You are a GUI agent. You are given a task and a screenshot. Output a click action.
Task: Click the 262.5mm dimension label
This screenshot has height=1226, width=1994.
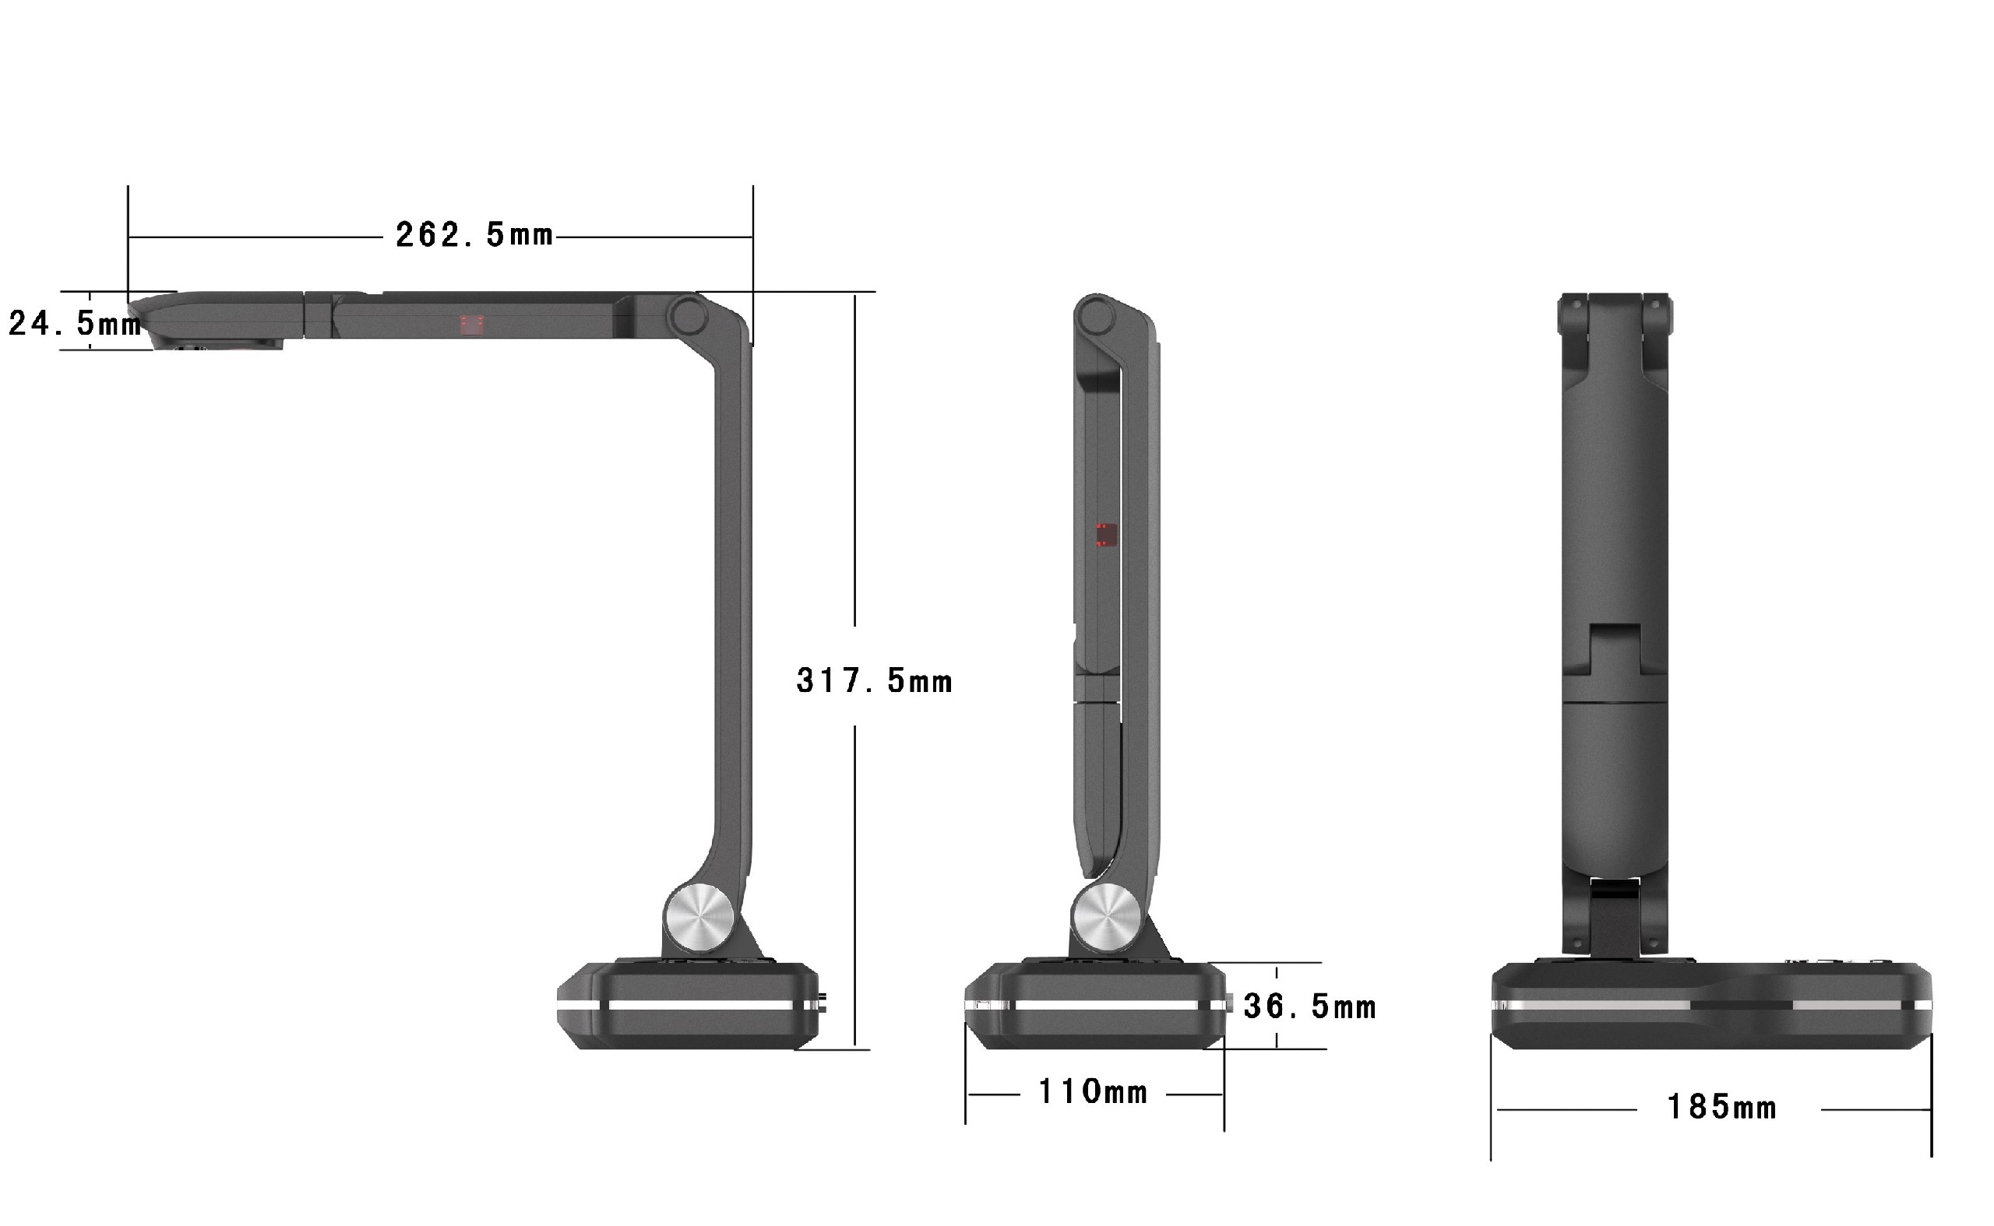click(474, 236)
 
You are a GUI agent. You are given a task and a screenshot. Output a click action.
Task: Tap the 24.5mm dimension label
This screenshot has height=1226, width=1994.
click(75, 324)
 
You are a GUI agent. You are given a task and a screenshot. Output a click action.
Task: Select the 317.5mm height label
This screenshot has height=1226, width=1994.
click(875, 681)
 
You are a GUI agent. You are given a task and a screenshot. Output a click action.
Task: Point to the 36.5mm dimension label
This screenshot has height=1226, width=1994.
click(1310, 1007)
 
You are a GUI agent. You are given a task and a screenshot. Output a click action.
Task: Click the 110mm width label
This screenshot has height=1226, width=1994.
click(1094, 1092)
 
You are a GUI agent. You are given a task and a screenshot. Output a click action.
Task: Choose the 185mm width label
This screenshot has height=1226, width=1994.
click(1722, 1108)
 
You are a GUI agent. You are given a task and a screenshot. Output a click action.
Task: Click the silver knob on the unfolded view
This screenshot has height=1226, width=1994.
click(699, 918)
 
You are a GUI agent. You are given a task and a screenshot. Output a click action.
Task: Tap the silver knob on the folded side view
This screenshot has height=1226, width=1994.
click(1107, 918)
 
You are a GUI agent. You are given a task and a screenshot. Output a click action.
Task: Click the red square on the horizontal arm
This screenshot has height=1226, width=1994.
click(472, 325)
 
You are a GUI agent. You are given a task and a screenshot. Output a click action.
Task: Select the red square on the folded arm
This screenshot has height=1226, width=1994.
click(1107, 536)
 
